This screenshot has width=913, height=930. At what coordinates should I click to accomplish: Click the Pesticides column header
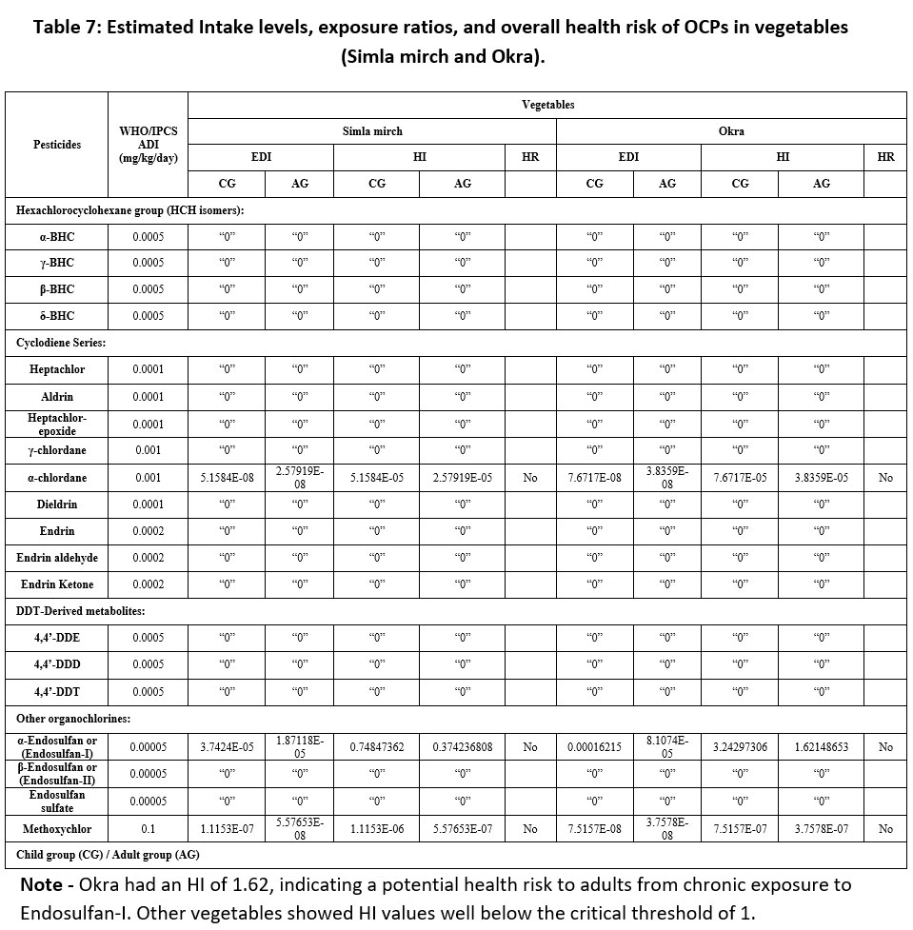58,145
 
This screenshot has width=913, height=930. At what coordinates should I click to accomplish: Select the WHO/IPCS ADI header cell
148,145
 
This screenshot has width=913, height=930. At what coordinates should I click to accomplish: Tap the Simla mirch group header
372,130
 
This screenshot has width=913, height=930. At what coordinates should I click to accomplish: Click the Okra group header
731,130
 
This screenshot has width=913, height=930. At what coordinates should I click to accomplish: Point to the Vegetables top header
547,105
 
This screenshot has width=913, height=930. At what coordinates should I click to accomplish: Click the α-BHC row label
58,236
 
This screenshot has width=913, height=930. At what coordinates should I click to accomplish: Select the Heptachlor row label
58,369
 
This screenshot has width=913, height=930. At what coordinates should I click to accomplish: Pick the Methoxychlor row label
58,828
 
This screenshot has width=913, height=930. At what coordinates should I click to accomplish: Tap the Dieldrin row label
58,504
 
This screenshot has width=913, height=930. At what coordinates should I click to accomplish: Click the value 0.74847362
377,747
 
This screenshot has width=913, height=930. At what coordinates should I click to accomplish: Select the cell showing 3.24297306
741,747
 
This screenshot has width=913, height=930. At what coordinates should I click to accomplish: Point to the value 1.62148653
821,747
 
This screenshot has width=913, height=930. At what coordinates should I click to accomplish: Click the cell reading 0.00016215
594,747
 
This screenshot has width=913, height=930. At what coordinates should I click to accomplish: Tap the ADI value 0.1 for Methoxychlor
148,828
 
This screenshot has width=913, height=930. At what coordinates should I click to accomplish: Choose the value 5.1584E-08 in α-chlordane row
226,477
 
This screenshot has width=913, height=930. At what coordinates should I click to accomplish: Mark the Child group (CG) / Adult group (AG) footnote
108,855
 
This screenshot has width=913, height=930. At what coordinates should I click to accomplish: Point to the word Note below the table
41,884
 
